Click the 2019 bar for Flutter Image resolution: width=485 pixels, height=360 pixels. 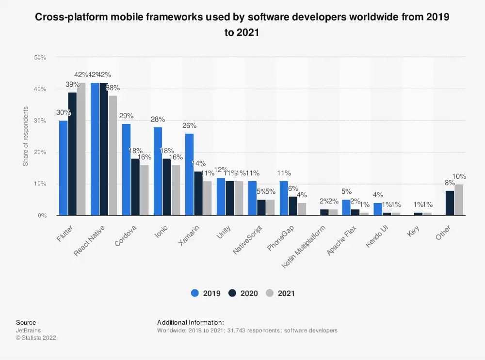[x=63, y=168]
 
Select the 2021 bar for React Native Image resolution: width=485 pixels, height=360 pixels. [x=113, y=155]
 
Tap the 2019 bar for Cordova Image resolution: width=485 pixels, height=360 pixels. [x=126, y=170]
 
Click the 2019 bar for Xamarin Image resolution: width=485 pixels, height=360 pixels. [x=189, y=174]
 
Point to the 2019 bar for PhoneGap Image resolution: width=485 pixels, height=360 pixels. [x=284, y=198]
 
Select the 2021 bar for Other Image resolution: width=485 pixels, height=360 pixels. [x=459, y=200]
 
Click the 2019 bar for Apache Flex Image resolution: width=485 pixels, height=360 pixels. [x=346, y=207]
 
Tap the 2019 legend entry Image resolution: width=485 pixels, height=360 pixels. [x=206, y=293]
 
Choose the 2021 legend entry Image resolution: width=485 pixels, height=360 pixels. [x=281, y=293]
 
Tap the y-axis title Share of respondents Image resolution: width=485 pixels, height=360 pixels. [x=26, y=136]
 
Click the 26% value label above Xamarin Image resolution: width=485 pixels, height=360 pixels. [x=189, y=125]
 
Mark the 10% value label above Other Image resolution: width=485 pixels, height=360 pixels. [x=459, y=176]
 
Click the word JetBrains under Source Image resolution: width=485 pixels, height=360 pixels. [x=28, y=330]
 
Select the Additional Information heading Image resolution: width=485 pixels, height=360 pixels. [x=190, y=322]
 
